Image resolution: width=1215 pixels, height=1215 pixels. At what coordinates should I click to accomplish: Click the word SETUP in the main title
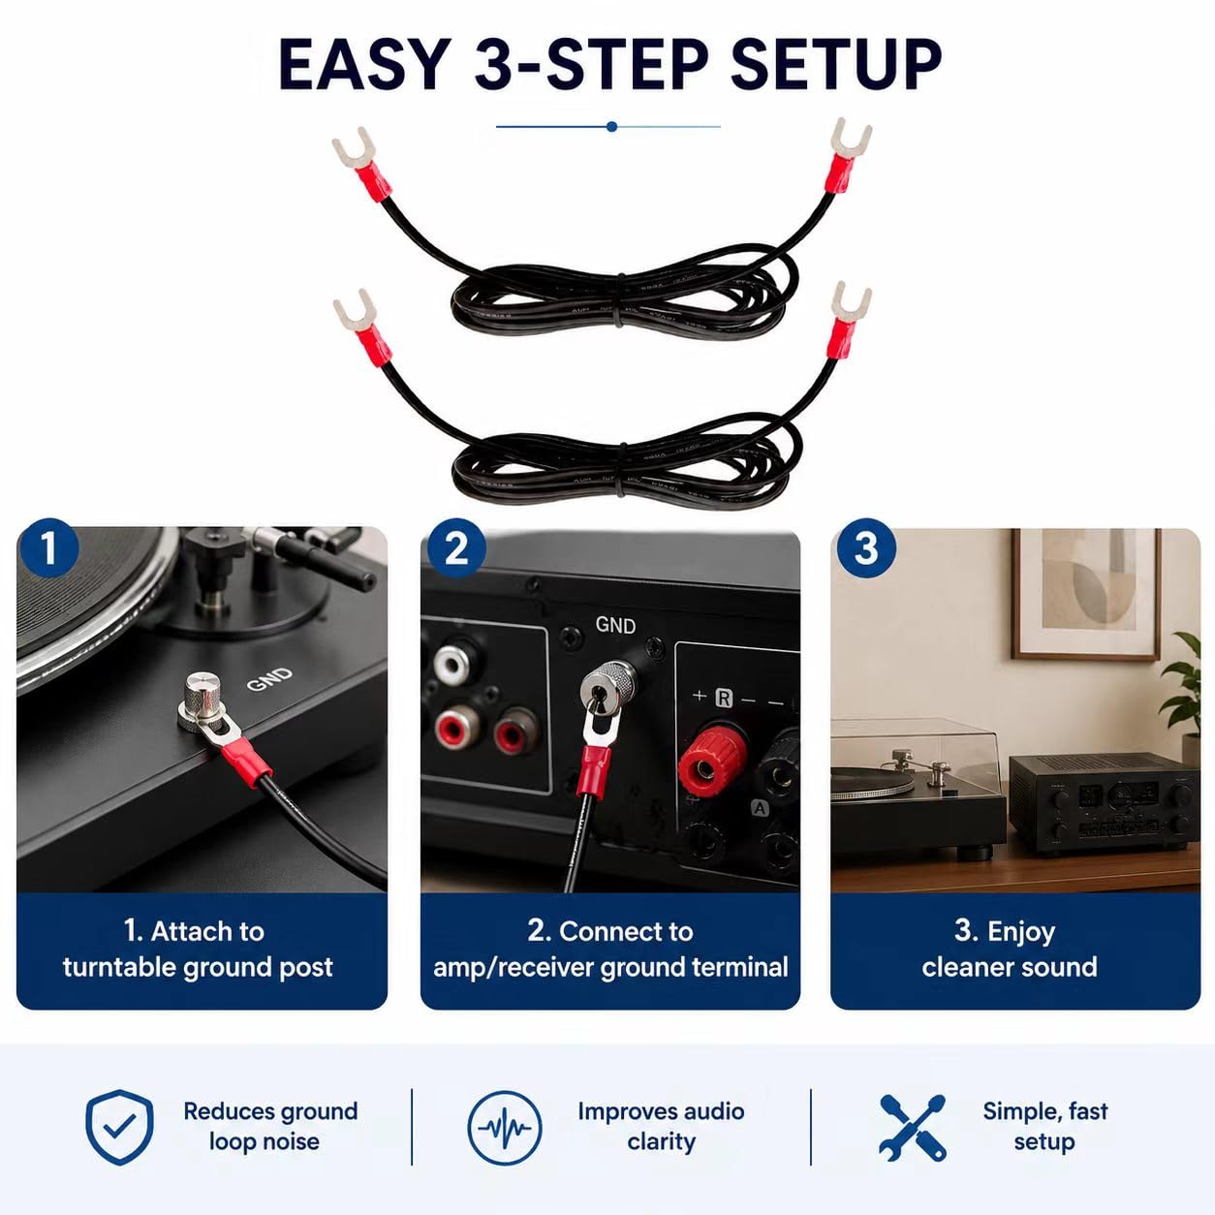(835, 64)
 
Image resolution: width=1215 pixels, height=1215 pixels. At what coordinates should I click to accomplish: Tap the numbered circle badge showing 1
(49, 548)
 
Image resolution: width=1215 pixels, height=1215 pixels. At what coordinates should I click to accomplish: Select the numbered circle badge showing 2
(456, 548)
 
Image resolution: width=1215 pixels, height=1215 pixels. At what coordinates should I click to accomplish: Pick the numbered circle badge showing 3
(865, 548)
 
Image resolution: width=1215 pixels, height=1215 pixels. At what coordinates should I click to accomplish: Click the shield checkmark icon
(119, 1126)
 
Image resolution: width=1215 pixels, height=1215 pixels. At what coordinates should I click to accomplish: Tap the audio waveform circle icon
(505, 1128)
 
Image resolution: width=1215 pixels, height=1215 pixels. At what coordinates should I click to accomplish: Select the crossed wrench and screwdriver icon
(913, 1128)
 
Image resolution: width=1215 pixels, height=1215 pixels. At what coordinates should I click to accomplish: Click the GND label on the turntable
(270, 678)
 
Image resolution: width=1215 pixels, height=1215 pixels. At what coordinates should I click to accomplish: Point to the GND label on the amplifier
(615, 625)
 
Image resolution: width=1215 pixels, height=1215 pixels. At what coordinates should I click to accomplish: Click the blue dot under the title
(611, 127)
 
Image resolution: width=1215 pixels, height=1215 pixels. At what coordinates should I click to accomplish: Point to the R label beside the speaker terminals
(724, 698)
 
